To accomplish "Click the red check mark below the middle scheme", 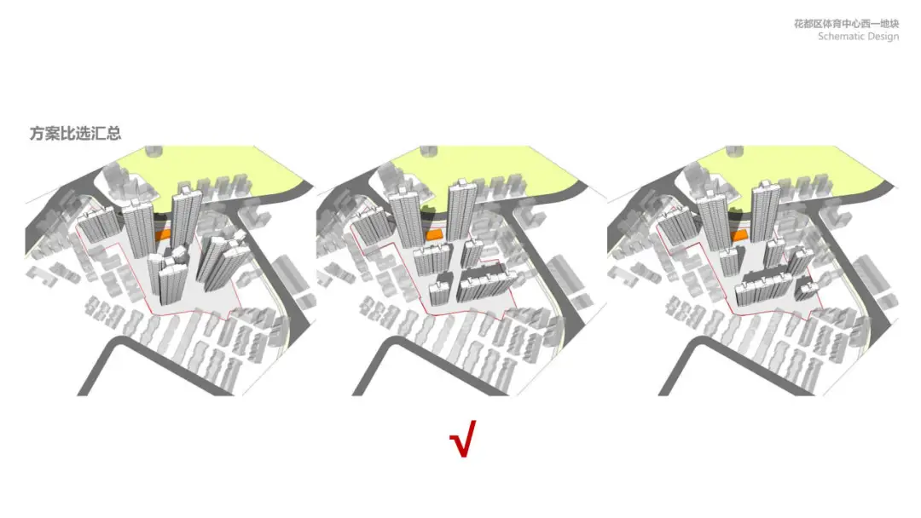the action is click(462, 439).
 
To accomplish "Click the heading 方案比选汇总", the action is click(75, 133).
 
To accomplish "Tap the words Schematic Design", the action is click(858, 37).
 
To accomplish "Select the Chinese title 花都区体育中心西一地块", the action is click(847, 24).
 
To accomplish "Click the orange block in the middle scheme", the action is click(434, 234).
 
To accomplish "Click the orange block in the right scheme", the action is click(739, 236).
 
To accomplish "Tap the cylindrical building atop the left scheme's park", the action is click(153, 152).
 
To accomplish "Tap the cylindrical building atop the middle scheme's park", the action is click(428, 152).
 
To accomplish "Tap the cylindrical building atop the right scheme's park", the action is click(734, 152).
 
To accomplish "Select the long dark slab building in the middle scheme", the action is click(484, 283).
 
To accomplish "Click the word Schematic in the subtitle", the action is click(841, 37).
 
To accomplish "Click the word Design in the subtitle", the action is click(883, 37).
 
